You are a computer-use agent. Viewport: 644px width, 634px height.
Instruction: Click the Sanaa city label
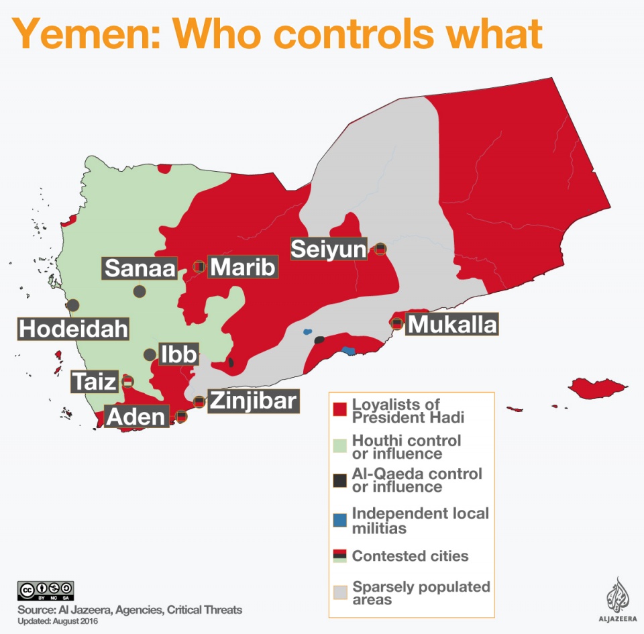tap(140, 269)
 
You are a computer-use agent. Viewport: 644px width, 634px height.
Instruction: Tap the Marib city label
tap(243, 267)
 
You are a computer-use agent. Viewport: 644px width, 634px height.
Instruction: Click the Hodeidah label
tap(74, 329)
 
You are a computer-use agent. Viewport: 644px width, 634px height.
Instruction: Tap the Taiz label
tap(95, 382)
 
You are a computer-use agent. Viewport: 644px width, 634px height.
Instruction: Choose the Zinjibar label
tap(252, 401)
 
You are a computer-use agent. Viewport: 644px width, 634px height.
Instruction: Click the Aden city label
tap(136, 417)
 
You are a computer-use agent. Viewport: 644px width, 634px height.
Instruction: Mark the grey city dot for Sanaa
tap(140, 291)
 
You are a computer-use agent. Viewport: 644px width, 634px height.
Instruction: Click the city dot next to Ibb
tap(150, 354)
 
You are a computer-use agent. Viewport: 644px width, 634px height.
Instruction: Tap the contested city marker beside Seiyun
tap(380, 249)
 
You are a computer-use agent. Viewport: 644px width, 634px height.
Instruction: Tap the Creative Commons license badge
tap(46, 590)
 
